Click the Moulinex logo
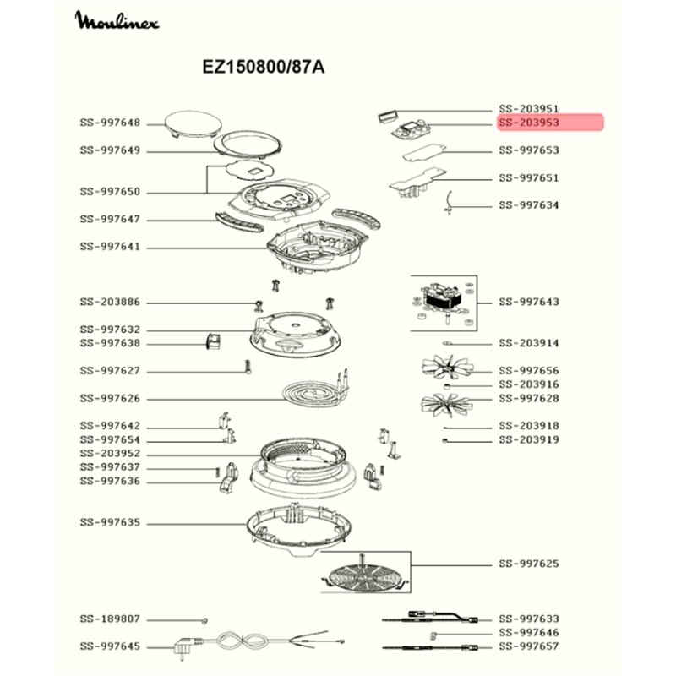point(117,20)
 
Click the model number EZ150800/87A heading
point(264,68)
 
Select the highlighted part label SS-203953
point(529,123)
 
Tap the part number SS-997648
point(110,123)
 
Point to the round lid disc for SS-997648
point(194,123)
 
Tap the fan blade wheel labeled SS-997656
point(448,368)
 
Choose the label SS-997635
point(110,522)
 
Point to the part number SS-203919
point(529,439)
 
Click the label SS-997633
point(529,619)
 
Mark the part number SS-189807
point(110,619)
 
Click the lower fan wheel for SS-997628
point(447,405)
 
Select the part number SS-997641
point(110,247)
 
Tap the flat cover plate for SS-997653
point(424,153)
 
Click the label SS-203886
point(110,302)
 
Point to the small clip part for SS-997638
point(213,341)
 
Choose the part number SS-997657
point(529,646)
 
